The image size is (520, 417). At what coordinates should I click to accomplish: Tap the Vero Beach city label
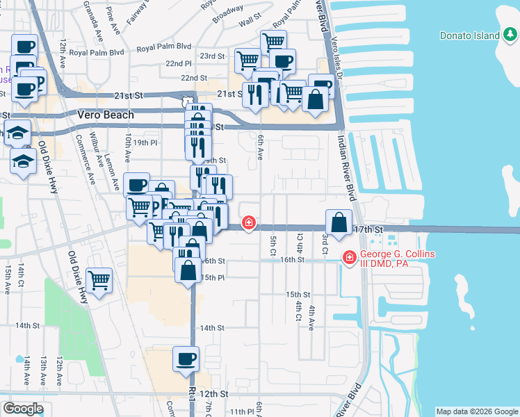pyautogui.click(x=106, y=115)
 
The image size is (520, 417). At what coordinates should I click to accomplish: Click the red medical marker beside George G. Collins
pyautogui.click(x=349, y=259)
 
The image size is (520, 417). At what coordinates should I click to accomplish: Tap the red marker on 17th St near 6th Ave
pyautogui.click(x=248, y=223)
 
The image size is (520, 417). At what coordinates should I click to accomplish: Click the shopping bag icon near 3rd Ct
pyautogui.click(x=338, y=223)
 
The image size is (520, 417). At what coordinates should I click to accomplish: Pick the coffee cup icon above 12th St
pyautogui.click(x=185, y=359)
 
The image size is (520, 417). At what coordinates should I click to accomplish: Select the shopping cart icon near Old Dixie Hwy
pyautogui.click(x=99, y=280)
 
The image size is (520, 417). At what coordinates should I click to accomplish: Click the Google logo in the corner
pyautogui.click(x=23, y=409)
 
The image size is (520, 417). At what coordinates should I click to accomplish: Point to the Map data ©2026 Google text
pyautogui.click(x=476, y=411)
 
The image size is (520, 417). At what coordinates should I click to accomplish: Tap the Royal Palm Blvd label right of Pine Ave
pyautogui.click(x=164, y=47)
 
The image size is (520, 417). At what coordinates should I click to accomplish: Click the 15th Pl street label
pyautogui.click(x=212, y=277)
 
